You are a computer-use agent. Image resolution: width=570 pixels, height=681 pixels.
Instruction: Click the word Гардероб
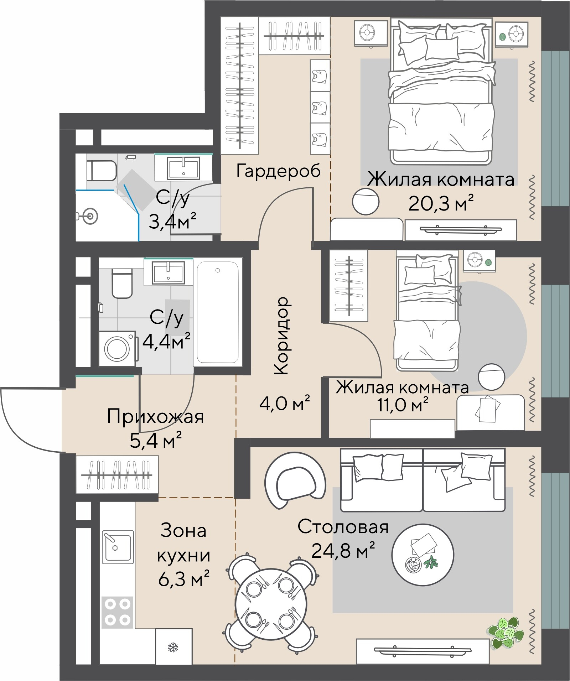coord(278,171)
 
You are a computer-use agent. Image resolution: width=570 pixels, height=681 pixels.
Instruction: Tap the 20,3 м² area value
coord(441,203)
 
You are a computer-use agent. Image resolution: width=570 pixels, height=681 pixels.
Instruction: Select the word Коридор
coord(282,335)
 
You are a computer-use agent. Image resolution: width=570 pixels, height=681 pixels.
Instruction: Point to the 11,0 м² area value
coord(403,404)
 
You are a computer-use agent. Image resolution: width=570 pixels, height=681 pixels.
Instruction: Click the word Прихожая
coord(155,416)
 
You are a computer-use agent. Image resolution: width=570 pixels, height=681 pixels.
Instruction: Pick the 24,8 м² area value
coord(343,551)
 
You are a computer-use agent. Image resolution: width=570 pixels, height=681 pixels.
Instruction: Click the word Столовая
coord(343,527)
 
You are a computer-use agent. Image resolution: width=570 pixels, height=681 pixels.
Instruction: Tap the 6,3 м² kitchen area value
coord(183,579)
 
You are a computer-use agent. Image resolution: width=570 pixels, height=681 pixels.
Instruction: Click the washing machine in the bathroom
coord(117,348)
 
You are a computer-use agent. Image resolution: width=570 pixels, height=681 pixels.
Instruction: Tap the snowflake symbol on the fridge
coord(173,647)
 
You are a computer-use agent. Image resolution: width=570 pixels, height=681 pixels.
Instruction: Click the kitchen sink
coord(118,547)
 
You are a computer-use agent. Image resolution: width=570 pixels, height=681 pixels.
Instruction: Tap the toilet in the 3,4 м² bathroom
coord(102,171)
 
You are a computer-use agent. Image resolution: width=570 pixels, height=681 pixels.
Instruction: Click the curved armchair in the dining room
coord(295,480)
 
